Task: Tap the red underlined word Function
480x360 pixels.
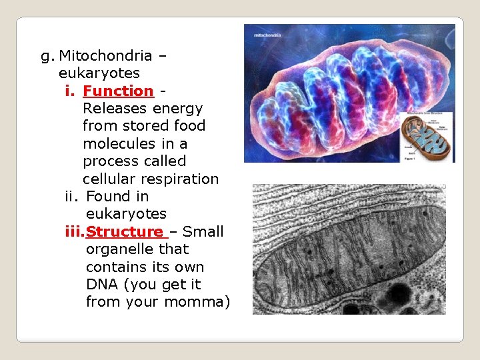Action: tap(118, 91)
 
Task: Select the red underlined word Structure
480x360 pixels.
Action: tap(125, 232)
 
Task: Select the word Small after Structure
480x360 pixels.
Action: tap(203, 232)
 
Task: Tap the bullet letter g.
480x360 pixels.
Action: tap(47, 56)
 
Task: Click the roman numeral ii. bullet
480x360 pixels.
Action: tap(73, 197)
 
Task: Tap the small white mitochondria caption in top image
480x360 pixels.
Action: tap(263, 33)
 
